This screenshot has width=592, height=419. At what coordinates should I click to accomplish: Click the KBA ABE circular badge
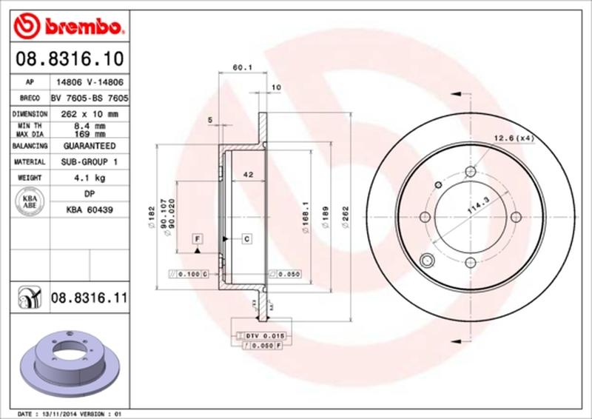point(30,201)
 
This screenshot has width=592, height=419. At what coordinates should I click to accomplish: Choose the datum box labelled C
point(246,238)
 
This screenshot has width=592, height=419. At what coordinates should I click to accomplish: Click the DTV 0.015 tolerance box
point(263,336)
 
